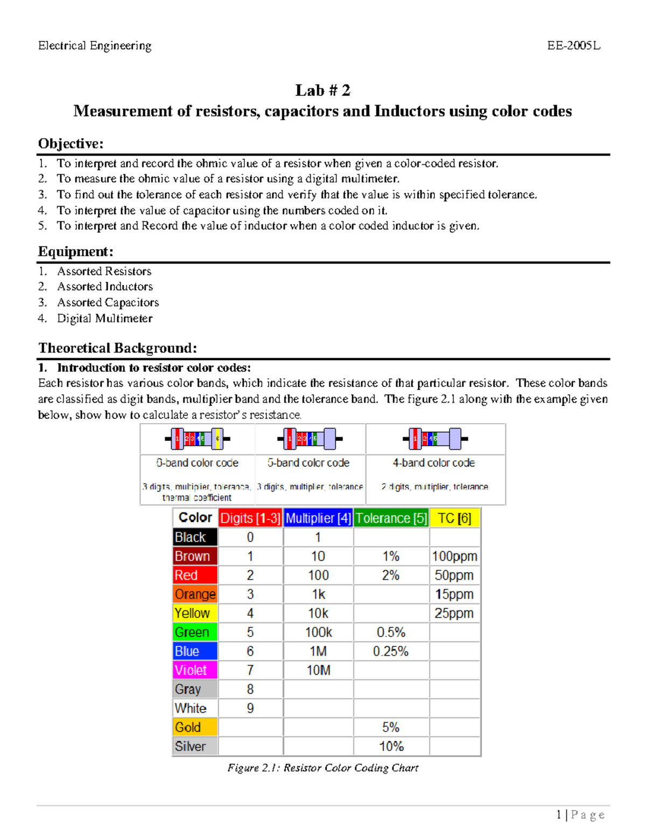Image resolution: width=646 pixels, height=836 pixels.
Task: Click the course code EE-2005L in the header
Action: point(573,46)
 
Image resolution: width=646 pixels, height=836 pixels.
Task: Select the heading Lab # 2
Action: point(322,90)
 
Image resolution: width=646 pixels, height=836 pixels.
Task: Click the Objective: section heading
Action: point(71,144)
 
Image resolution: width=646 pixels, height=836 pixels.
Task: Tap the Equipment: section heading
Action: point(75,252)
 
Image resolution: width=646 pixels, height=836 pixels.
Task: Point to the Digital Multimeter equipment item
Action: point(105,319)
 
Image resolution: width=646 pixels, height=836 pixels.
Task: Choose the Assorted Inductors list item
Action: point(105,286)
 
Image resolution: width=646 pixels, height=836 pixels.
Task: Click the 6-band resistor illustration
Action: point(198,439)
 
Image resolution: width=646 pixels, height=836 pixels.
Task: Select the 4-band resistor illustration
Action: point(435,439)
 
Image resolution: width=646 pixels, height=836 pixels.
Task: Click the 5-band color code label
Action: point(308,463)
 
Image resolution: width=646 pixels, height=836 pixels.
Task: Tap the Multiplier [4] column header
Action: point(318,518)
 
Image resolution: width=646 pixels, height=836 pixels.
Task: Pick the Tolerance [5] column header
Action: point(391,518)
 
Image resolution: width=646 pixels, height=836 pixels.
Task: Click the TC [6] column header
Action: point(454,518)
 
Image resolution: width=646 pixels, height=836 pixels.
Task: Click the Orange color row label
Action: point(195,594)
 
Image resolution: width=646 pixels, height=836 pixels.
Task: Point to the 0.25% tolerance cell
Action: point(391,651)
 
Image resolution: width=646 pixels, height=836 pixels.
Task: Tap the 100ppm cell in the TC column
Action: point(454,557)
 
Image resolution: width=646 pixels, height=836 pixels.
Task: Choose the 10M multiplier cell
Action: point(318,670)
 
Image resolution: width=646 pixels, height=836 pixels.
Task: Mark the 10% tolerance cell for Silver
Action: point(391,746)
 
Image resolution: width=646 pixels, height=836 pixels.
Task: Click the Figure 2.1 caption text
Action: point(322,768)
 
